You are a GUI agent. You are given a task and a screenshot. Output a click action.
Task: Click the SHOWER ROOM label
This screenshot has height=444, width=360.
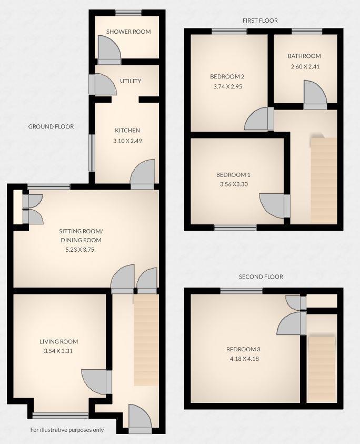pyautogui.click(x=128, y=32)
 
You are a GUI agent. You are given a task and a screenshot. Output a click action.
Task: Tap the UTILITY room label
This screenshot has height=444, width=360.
pyautogui.click(x=131, y=81)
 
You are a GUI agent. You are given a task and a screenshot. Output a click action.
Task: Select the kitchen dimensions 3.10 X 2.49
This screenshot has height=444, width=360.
pyautogui.click(x=128, y=141)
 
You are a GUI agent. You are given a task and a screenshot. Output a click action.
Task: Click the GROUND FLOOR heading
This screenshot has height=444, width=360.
pyautogui.click(x=51, y=126)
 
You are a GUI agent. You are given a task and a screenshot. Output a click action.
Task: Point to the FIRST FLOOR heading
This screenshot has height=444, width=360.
pyautogui.click(x=260, y=21)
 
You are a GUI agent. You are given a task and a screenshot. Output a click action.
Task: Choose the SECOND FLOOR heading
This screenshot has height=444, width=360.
pyautogui.click(x=261, y=277)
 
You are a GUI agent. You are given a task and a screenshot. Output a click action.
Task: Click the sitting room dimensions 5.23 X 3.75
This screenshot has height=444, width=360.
pyautogui.click(x=80, y=250)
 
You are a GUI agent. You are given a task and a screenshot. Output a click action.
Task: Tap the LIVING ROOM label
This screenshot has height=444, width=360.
pyautogui.click(x=59, y=342)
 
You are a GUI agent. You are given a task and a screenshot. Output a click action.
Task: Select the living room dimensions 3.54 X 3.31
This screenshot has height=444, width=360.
pyautogui.click(x=59, y=351)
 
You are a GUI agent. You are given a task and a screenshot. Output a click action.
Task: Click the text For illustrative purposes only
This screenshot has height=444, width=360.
pyautogui.click(x=67, y=430)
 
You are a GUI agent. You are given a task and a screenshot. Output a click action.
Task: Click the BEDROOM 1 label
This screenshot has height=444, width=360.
pyautogui.click(x=233, y=175)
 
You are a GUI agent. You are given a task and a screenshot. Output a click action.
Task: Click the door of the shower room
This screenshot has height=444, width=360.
pyautogui.click(x=109, y=51)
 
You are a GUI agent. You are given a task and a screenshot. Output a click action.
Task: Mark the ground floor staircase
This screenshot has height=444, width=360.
pyautogui.click(x=146, y=340)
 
